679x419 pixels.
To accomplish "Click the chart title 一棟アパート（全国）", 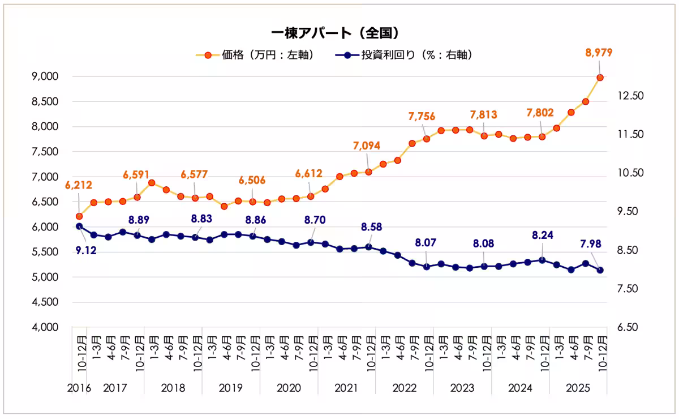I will click(339, 32).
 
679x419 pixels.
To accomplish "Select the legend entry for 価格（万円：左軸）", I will click(255, 55).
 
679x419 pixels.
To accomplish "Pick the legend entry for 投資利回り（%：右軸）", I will click(404, 55).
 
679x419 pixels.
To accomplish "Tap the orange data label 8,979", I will click(599, 53).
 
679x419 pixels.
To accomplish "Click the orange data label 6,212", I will click(78, 185).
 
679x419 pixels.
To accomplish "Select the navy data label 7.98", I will click(590, 245).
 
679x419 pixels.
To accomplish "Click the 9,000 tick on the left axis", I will click(48, 76).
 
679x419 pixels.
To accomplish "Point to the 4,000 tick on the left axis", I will click(48, 327).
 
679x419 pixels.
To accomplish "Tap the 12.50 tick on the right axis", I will click(630, 96).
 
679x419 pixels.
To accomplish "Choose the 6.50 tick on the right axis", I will click(630, 327).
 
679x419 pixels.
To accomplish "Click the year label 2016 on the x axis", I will click(79, 388).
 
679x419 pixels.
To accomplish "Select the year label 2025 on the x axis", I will click(578, 388).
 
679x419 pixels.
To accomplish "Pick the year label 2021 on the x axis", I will click(346, 388).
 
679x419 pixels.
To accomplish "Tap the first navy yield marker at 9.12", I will click(79, 226).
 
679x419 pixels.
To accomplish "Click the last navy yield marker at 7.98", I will click(600, 270).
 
